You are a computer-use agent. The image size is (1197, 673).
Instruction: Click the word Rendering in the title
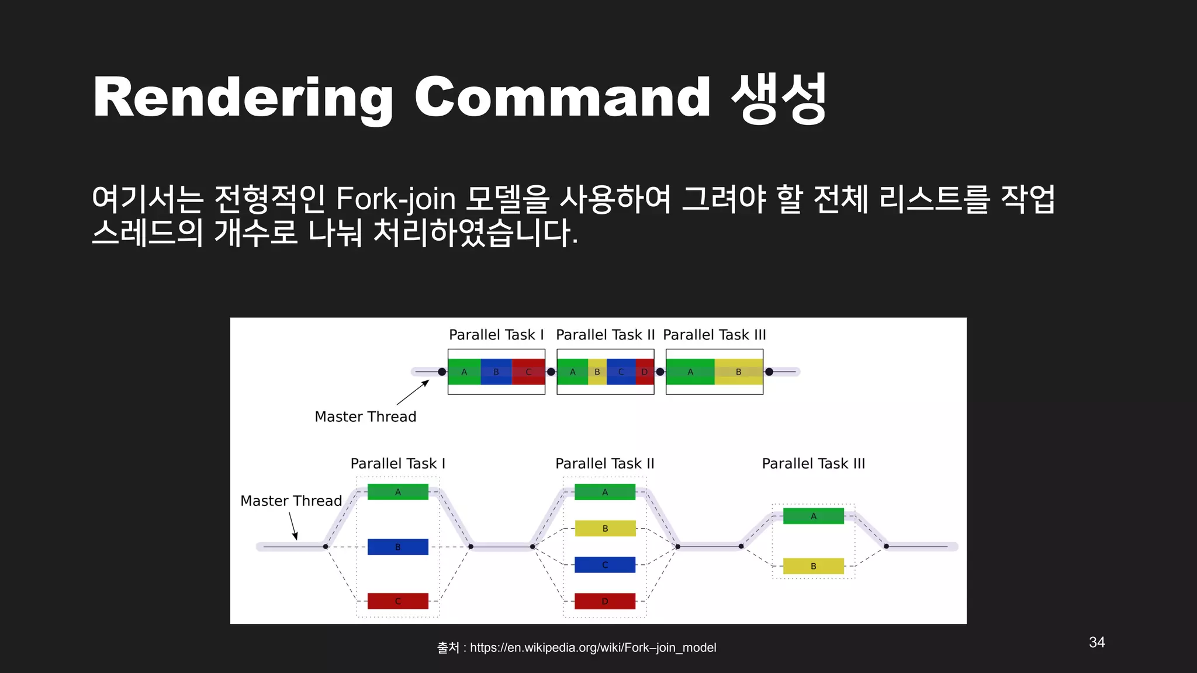(243, 98)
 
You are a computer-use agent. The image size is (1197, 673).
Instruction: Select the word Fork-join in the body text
(396, 199)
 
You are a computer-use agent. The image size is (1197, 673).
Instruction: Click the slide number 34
(1096, 642)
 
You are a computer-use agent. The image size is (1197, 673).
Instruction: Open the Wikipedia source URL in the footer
(593, 647)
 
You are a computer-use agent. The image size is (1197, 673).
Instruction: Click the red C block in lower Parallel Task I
(397, 601)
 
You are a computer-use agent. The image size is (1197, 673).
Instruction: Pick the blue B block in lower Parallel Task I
(397, 547)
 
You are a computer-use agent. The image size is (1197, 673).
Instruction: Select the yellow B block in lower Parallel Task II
(605, 528)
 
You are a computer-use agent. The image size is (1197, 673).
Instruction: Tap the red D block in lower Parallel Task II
(605, 601)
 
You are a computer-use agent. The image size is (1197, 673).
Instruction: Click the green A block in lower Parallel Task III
(813, 516)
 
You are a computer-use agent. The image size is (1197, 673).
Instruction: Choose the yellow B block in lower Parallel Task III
(813, 566)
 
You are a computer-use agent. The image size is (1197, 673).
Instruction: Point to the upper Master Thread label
(365, 417)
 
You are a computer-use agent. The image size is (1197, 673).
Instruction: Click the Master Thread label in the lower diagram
(291, 501)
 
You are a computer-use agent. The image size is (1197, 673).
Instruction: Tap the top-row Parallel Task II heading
(605, 335)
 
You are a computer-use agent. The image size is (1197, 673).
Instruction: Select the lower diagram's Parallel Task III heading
(813, 463)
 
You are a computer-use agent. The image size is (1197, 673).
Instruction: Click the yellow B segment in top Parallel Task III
(738, 372)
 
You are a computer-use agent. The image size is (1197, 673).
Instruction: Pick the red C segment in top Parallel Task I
(528, 372)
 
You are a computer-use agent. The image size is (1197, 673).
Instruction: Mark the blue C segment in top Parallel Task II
(621, 372)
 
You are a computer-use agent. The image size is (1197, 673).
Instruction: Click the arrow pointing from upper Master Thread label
(413, 393)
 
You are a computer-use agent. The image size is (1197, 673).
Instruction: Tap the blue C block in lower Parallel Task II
(605, 564)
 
